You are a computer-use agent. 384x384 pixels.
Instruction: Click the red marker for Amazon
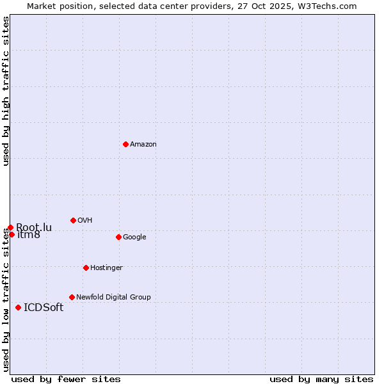pyautogui.click(x=125, y=144)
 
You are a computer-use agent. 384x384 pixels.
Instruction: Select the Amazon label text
pyautogui.click(x=143, y=145)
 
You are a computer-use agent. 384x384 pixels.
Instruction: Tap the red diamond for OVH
pyautogui.click(x=73, y=220)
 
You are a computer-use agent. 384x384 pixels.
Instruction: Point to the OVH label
pyautogui.click(x=85, y=221)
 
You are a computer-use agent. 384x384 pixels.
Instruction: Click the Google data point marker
pyautogui.click(x=118, y=237)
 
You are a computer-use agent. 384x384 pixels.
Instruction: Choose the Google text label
pyautogui.click(x=134, y=237)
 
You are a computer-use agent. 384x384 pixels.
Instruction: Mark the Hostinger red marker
pyautogui.click(x=86, y=268)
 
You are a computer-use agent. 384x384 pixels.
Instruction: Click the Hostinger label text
pyautogui.click(x=106, y=268)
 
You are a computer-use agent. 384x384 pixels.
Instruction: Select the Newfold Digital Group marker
pyautogui.click(x=72, y=297)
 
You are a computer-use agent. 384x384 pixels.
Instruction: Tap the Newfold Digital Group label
pyautogui.click(x=113, y=297)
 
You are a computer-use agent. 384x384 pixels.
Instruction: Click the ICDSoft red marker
pyautogui.click(x=18, y=307)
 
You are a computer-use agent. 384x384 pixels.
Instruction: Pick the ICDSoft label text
pyautogui.click(x=44, y=307)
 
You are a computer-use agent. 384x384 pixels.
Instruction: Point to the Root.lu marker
pyautogui.click(x=10, y=227)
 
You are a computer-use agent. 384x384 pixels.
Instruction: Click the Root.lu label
pyautogui.click(x=34, y=227)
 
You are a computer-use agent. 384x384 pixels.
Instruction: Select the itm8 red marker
pyautogui.click(x=12, y=234)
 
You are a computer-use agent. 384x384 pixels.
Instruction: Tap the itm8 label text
pyautogui.click(x=29, y=235)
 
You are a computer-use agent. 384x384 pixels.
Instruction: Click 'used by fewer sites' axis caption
pyautogui.click(x=66, y=379)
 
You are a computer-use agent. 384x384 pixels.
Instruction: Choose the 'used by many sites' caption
pyautogui.click(x=321, y=379)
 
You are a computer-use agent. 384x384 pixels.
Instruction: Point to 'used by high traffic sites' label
pyautogui.click(x=6, y=91)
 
